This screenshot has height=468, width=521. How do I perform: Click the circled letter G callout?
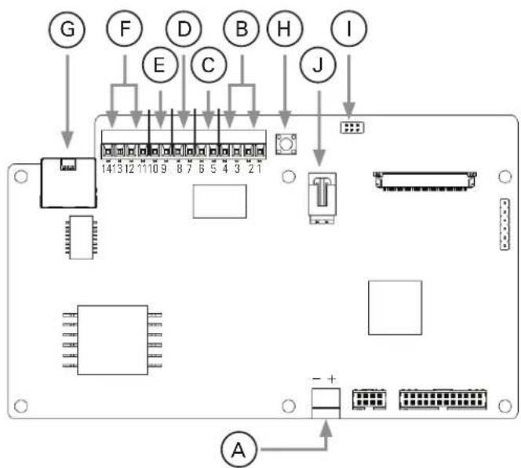point(67,29)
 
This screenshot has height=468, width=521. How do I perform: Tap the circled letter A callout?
point(239,450)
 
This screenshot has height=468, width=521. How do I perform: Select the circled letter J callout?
point(318,64)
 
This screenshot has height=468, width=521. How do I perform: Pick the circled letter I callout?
point(349,28)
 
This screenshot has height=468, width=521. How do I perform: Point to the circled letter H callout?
point(285,28)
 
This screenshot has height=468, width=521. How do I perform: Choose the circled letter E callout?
point(160,64)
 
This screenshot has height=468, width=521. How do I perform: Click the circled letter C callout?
point(209,64)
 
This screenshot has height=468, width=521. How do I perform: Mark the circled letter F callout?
point(124,28)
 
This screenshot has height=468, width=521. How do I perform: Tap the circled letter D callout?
point(184,28)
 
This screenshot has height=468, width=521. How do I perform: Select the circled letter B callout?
point(242,28)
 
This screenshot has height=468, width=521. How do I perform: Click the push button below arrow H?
point(286,144)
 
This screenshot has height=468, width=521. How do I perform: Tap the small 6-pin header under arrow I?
point(352,127)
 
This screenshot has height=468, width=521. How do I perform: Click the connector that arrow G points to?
point(68,183)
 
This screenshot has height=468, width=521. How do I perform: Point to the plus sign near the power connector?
point(332,378)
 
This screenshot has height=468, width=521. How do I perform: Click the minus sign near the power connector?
point(317,378)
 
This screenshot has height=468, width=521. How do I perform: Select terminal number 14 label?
point(107,169)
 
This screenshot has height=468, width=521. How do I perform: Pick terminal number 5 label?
point(213,169)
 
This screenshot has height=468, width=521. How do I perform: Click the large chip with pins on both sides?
point(113,340)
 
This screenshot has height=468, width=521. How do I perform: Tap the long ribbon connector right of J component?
point(425,181)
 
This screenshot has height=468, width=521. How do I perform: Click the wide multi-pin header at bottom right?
point(443,399)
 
